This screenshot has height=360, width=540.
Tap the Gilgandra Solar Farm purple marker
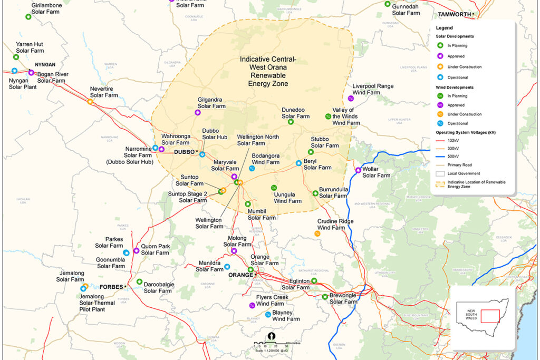coord(198,113)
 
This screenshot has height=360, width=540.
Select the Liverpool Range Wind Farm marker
coord(351,99)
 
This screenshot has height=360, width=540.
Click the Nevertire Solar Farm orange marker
coord(90,102)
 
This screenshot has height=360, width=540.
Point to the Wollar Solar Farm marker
coord(359,170)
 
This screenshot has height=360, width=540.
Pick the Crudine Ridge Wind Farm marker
coord(317,233)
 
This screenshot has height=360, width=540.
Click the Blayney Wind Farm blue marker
coord(268,315)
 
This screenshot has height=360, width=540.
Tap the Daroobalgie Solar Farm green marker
coord(139,282)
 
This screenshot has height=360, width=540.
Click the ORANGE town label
coord(240,275)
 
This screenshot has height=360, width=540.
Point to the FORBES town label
coord(111,287)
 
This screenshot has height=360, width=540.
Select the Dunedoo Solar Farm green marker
coord(291,122)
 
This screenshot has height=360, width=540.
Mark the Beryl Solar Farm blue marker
coord(298,163)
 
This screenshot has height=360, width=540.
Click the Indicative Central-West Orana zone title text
coord(268,71)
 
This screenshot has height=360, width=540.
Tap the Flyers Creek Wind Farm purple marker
coord(252,306)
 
